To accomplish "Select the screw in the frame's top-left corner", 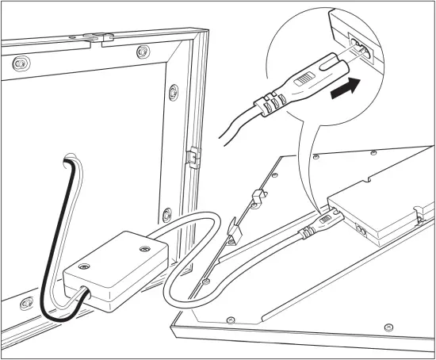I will tap(19, 62).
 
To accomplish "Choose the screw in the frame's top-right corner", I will tap(142, 52).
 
